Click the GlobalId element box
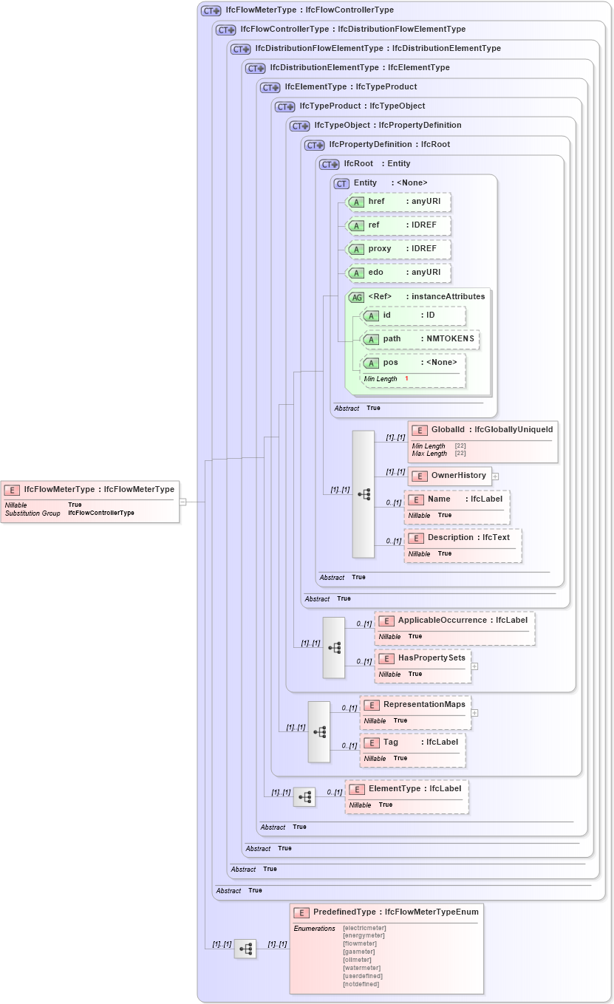(482, 441)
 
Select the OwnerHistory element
(450, 476)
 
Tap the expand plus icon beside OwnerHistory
(496, 477)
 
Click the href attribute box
(399, 202)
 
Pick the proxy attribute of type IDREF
(399, 249)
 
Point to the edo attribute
(399, 273)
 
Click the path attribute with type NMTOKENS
(420, 339)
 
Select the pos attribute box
(413, 370)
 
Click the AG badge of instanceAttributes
(357, 297)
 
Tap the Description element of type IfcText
(463, 545)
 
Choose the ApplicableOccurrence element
(454, 628)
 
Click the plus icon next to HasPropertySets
(474, 666)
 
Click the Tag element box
(412, 750)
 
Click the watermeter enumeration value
(362, 968)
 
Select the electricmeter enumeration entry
(364, 928)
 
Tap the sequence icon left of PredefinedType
(245, 949)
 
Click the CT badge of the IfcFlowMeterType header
(211, 10)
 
